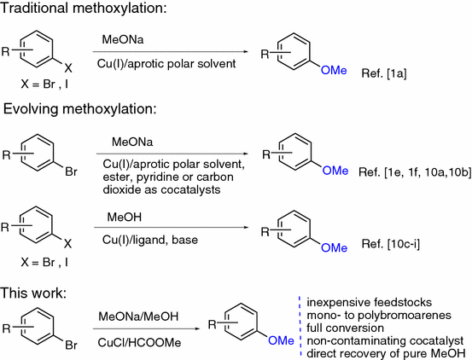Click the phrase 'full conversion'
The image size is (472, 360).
347,326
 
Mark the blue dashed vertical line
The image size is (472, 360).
300,324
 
